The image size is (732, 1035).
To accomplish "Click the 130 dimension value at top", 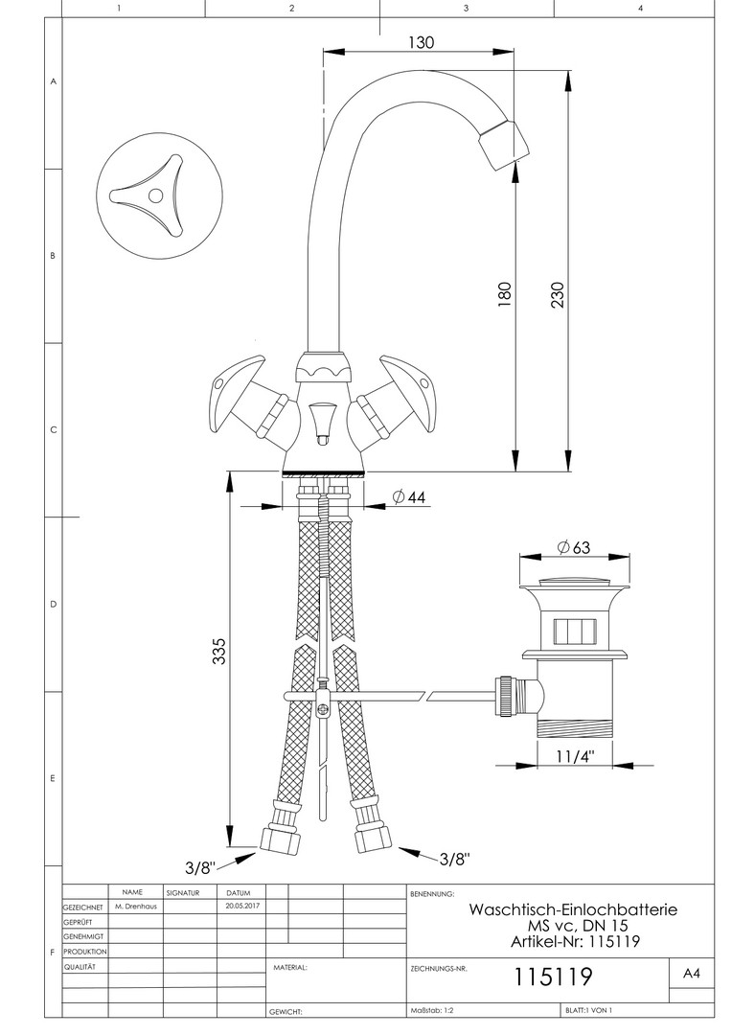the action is (x=422, y=42).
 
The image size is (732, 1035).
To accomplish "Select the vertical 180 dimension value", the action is (x=504, y=294).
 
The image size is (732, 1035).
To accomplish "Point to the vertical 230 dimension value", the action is (x=558, y=295).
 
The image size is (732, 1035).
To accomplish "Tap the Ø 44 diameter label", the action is (x=409, y=497).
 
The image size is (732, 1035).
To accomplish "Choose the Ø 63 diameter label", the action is (x=574, y=547).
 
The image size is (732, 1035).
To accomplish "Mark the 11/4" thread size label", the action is (x=575, y=756).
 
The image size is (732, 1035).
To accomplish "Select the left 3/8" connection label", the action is (x=200, y=867).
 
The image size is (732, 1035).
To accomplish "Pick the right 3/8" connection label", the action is (x=455, y=859).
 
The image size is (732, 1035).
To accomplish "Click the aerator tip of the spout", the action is (x=504, y=144).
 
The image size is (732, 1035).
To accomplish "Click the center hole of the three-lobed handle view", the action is (x=155, y=195).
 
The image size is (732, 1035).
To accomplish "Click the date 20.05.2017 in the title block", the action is (x=239, y=907).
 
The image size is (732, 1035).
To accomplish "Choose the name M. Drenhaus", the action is (x=136, y=907).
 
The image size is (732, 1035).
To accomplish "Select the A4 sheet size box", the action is (x=692, y=974).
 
